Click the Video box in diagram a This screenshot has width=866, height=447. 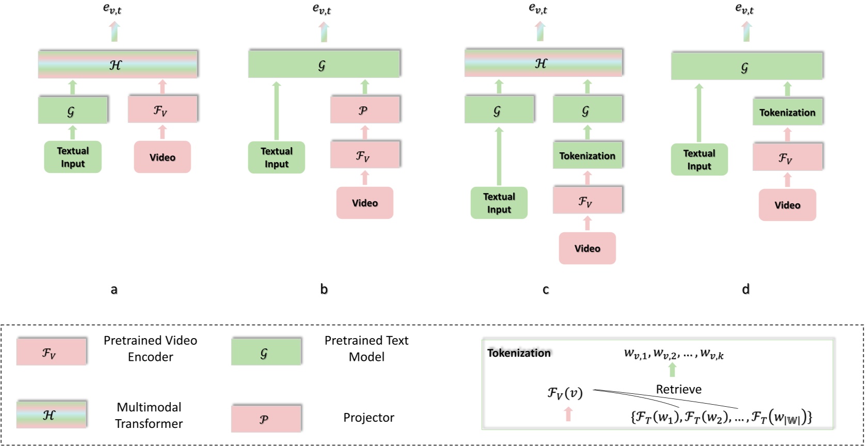point(162,157)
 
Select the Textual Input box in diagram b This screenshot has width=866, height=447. point(276,157)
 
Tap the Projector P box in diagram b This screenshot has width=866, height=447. point(365,110)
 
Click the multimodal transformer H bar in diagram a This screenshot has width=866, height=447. point(118,65)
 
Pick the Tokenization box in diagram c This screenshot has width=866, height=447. point(587,155)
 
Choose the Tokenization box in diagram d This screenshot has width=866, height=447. point(787,112)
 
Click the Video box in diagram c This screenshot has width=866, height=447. point(587,248)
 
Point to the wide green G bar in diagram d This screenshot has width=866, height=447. point(746,67)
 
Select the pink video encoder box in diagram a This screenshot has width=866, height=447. point(162,109)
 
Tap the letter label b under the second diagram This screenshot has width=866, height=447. point(324,289)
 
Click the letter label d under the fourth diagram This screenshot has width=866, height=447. point(746,289)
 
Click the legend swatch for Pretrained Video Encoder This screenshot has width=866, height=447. point(51,352)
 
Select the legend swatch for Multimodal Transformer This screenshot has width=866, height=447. point(51,414)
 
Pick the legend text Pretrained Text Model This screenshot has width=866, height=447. point(366,348)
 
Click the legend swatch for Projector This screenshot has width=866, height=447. point(266,419)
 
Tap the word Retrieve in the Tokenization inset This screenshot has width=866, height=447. point(678,389)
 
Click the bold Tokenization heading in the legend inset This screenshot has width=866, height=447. point(518,353)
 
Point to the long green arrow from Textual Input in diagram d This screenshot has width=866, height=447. point(699,113)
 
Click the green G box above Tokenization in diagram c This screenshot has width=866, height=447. point(587,110)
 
